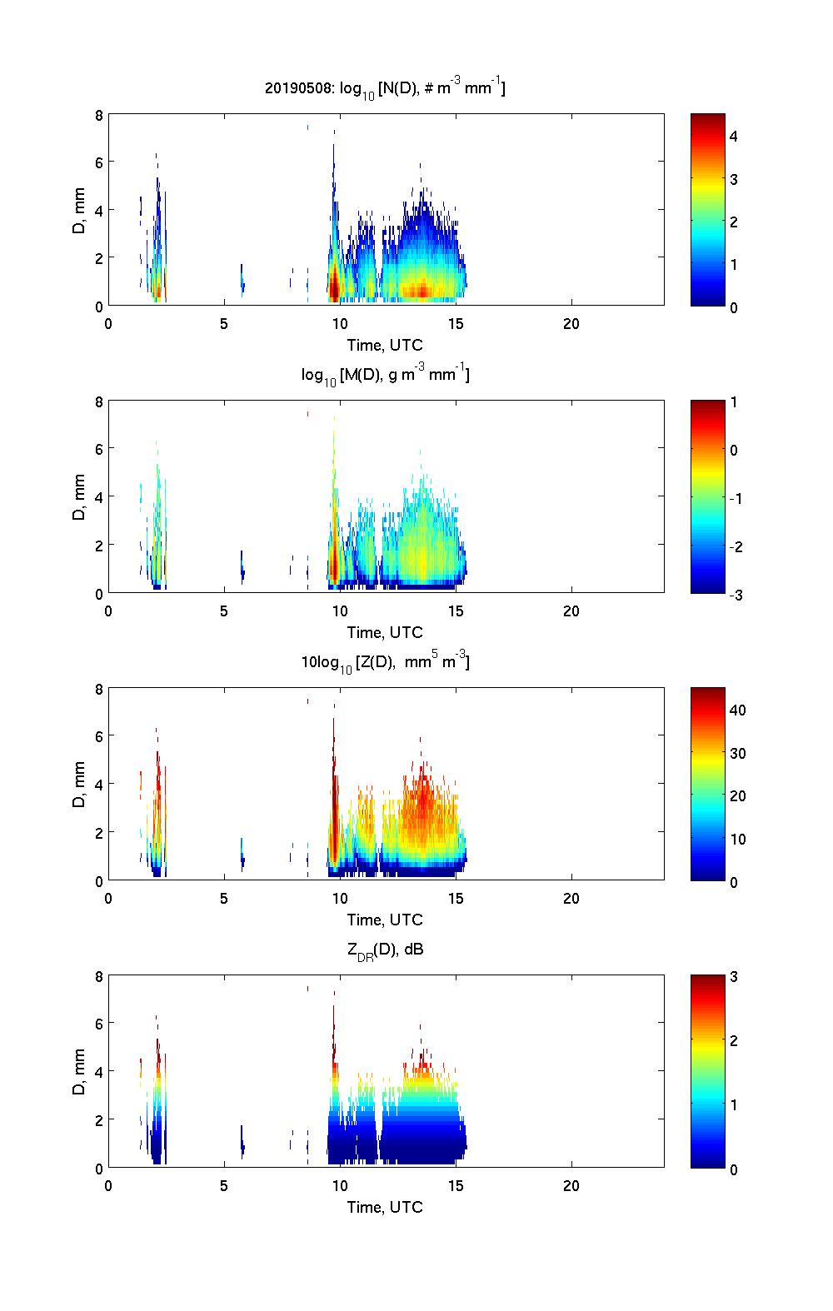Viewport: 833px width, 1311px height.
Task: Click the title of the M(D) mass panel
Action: tap(385, 375)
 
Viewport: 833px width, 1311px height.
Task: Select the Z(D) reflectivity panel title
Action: tap(385, 662)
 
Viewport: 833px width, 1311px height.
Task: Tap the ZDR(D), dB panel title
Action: tap(386, 950)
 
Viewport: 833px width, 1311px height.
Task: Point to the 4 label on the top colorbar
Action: tap(734, 136)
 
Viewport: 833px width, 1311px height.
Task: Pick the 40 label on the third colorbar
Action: tap(737, 710)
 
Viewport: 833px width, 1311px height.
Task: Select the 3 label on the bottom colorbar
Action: tap(734, 977)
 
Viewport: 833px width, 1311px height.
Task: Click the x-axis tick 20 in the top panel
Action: tap(571, 324)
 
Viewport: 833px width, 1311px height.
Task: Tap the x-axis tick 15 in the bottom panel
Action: tap(456, 1186)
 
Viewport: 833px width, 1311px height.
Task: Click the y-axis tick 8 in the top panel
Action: tap(98, 115)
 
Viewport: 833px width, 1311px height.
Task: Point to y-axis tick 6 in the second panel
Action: tap(98, 449)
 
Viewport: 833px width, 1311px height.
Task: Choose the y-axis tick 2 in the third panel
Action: tap(98, 832)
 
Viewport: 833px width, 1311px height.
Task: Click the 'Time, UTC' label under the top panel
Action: tap(385, 345)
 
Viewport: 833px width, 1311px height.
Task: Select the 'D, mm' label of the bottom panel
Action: tap(80, 1072)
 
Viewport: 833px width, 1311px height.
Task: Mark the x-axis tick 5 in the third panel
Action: tap(224, 899)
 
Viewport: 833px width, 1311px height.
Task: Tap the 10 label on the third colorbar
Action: tap(737, 839)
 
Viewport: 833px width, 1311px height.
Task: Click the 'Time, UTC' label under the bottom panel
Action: tap(385, 1207)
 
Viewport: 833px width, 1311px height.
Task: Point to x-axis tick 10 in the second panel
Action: tap(340, 611)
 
